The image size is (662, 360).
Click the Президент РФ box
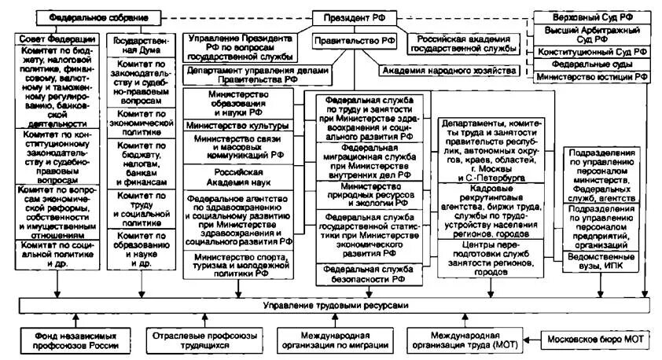click(356, 17)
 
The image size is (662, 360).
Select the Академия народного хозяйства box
click(449, 70)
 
